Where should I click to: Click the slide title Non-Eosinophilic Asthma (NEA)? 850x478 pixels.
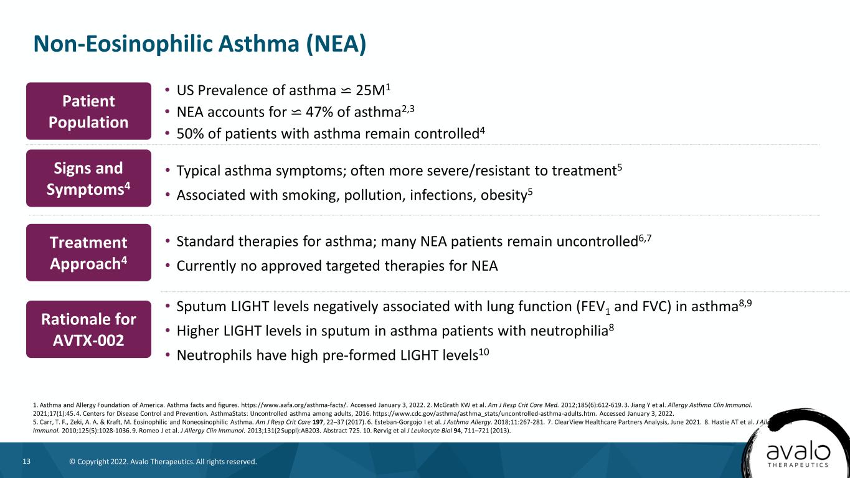tap(200, 44)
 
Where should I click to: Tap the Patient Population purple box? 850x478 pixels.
tap(88, 111)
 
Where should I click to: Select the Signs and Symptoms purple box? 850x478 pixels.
tap(88, 178)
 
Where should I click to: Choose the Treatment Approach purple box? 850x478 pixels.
tap(88, 253)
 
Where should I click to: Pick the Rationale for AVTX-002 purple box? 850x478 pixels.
tap(88, 329)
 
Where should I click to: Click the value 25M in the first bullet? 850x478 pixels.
tap(371, 91)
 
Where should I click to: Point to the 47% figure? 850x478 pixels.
tap(319, 112)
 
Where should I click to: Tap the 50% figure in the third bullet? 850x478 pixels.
tap(190, 134)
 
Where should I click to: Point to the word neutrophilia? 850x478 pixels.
tap(569, 331)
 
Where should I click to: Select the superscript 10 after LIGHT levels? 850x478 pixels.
tap(484, 353)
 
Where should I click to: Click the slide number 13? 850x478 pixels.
tap(27, 461)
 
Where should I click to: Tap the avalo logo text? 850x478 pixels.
tap(798, 452)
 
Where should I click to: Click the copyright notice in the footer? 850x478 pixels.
tap(163, 462)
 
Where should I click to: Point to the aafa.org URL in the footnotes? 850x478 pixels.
tap(294, 405)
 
